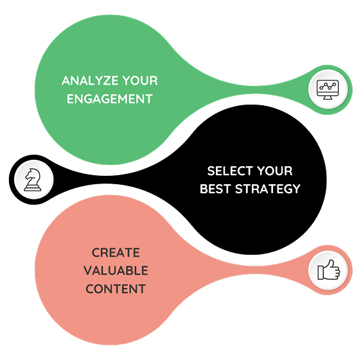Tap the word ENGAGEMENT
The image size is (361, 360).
(110, 99)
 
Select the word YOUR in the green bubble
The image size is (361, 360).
(140, 81)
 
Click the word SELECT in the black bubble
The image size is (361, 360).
(230, 171)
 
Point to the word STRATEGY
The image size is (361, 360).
(268, 189)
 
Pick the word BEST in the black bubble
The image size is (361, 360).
(215, 189)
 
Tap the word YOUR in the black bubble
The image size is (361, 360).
(275, 171)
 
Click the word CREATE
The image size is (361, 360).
(116, 253)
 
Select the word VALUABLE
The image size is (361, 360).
(116, 271)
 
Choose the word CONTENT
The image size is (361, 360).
(116, 289)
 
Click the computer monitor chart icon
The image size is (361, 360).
(328, 89)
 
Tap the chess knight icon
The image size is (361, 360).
(33, 180)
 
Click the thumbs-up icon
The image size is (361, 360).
(329, 270)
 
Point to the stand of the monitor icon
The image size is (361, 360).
(328, 98)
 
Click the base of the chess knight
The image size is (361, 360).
(33, 189)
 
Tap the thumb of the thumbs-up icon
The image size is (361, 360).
(330, 264)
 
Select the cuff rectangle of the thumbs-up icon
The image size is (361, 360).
(321, 273)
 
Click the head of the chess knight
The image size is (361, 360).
(32, 174)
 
